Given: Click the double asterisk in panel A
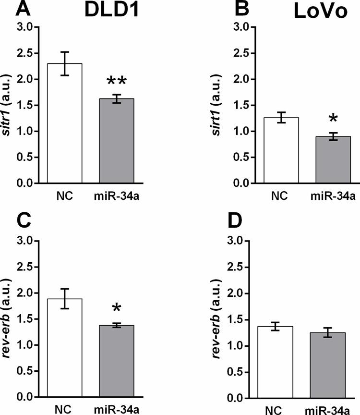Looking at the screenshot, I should pyautogui.click(x=117, y=79).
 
